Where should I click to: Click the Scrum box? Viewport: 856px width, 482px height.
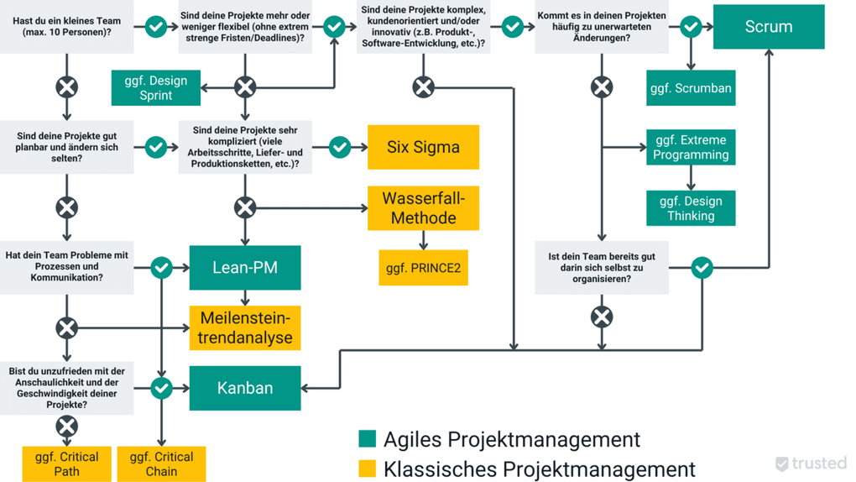click(x=769, y=26)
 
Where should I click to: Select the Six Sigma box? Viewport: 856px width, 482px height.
click(x=423, y=147)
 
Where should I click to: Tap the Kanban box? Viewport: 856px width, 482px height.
click(x=245, y=388)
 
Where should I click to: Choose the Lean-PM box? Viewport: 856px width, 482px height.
click(x=245, y=268)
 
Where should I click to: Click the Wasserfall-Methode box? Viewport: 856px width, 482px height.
click(x=423, y=208)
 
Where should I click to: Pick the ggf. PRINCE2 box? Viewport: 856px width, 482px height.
click(x=423, y=269)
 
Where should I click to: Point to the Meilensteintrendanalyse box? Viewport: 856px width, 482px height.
click(x=245, y=327)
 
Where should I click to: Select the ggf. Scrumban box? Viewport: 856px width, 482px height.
click(x=691, y=88)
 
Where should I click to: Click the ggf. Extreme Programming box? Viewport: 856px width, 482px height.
click(x=691, y=147)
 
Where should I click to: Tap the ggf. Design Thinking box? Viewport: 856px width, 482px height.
click(x=691, y=208)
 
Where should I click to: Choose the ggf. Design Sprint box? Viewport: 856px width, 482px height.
click(x=156, y=88)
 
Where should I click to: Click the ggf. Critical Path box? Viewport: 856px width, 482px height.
click(x=67, y=464)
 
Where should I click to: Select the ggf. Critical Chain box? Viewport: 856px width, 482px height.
click(x=162, y=464)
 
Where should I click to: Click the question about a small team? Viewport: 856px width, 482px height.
click(x=67, y=27)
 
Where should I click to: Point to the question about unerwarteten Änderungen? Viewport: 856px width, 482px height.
click(x=602, y=27)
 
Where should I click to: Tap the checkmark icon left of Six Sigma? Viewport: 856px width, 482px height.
click(x=340, y=147)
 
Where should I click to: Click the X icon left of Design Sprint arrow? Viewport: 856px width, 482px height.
click(x=245, y=86)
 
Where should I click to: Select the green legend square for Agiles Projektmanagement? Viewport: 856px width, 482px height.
click(x=367, y=439)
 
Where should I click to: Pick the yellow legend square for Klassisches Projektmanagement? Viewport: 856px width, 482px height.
click(x=367, y=469)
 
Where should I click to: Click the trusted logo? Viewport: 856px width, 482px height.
click(x=811, y=464)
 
